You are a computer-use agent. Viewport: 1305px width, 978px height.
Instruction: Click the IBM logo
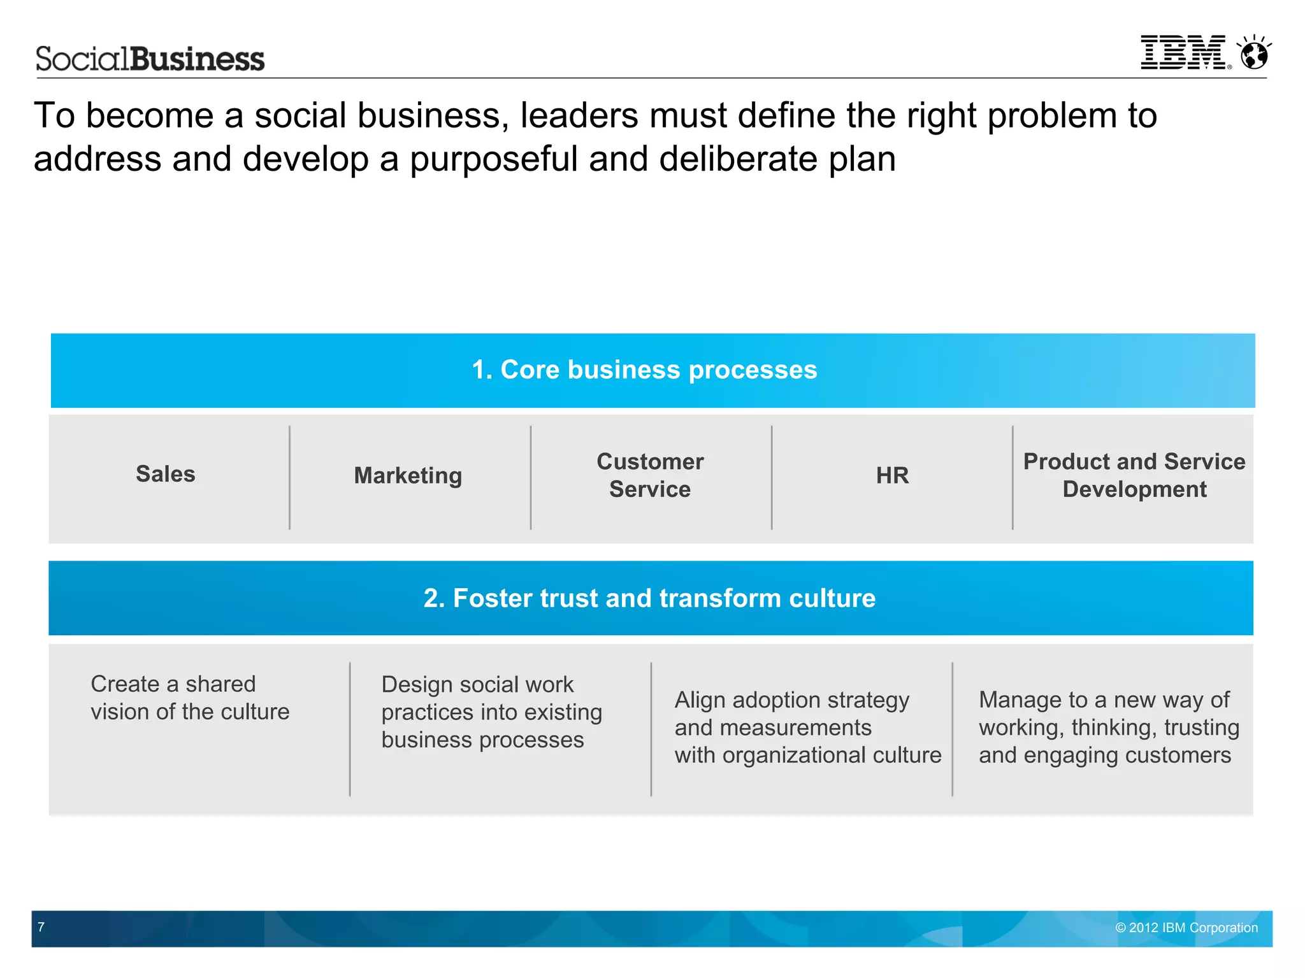[x=1183, y=52]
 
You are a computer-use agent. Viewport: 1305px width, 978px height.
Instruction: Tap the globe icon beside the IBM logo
[x=1255, y=53]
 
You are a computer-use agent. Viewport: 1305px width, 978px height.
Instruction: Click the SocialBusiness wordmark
[x=150, y=59]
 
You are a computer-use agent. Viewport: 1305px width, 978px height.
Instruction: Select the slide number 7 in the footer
[x=41, y=927]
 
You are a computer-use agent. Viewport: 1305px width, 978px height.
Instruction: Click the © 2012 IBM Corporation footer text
[x=1186, y=928]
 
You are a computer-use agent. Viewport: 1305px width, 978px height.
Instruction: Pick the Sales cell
[x=166, y=474]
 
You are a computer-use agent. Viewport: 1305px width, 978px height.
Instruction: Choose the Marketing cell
[x=408, y=475]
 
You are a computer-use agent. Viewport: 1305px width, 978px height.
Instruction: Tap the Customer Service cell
[x=650, y=475]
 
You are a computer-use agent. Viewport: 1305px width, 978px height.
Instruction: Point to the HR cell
[x=892, y=475]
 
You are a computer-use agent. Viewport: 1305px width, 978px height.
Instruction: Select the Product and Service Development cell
[x=1134, y=475]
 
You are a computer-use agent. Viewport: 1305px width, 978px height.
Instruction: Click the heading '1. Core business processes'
[x=644, y=370]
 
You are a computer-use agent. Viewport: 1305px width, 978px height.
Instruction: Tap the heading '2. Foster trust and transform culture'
[x=649, y=598]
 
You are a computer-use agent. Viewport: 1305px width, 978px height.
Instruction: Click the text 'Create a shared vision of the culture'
[x=190, y=698]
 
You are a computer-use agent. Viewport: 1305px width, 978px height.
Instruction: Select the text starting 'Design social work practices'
[x=491, y=712]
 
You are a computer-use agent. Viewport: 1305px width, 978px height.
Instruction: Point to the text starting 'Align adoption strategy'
[x=807, y=728]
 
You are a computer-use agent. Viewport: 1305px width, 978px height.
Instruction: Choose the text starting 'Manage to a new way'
[x=1109, y=728]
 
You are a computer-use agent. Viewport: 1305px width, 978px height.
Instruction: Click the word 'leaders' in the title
[x=579, y=116]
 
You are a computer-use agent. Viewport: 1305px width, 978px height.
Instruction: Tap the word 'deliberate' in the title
[x=738, y=159]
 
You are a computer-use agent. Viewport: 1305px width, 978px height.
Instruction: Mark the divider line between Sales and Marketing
[x=290, y=478]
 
